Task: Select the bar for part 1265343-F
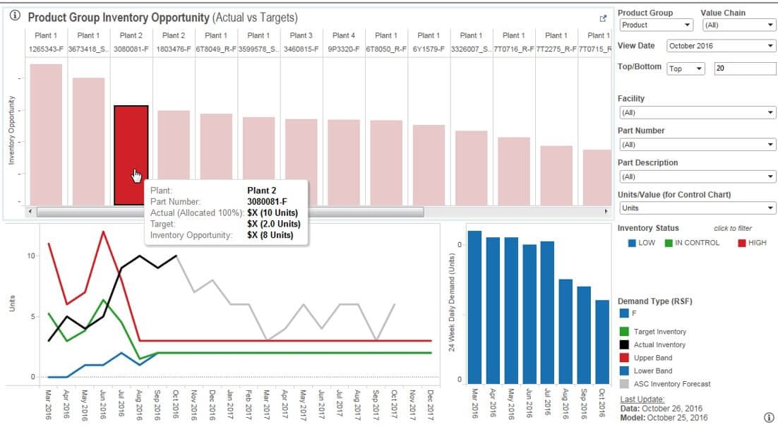(x=46, y=134)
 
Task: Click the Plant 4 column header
(x=344, y=35)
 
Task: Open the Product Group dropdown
(x=656, y=25)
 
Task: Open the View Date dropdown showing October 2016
(x=719, y=47)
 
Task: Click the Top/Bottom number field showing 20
(x=744, y=68)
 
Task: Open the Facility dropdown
(x=696, y=113)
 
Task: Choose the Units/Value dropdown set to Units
(x=696, y=208)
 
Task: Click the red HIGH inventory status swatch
(x=742, y=243)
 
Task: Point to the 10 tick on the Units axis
(x=30, y=255)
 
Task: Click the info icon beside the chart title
(x=16, y=16)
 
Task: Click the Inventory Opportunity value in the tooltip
(x=270, y=235)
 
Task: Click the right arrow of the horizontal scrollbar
(x=606, y=211)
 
